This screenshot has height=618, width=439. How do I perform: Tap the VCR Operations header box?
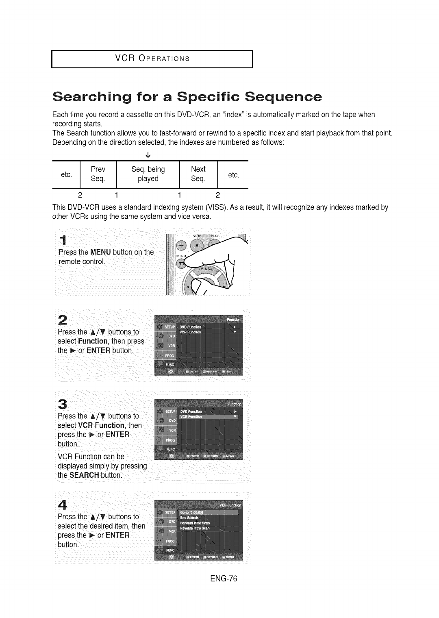(152, 59)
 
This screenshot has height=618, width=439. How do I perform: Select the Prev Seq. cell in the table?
(98, 174)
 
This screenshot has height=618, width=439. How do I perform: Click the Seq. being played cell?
(148, 174)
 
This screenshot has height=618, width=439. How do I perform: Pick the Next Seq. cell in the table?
(198, 174)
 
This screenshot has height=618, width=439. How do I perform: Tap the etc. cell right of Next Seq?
(233, 175)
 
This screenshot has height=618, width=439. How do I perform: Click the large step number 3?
(63, 404)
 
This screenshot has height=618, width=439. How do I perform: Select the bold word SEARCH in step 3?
(84, 475)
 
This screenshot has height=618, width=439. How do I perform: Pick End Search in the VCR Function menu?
(189, 518)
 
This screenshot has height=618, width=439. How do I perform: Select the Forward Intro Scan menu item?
(195, 523)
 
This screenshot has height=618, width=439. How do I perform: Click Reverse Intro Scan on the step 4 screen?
(195, 528)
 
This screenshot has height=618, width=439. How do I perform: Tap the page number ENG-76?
(224, 579)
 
